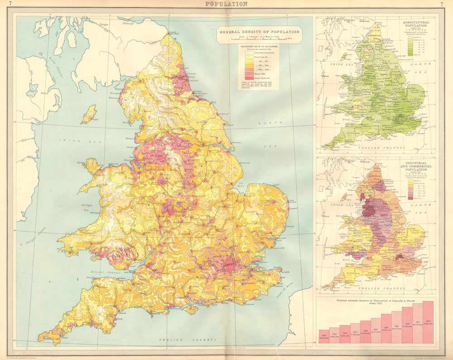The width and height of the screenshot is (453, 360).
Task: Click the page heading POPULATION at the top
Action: tap(226, 4)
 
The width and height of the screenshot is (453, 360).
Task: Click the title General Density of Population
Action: tap(259, 32)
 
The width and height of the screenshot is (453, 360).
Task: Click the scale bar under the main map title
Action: tap(259, 39)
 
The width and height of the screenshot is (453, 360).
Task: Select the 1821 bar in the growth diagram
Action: tap(323, 335)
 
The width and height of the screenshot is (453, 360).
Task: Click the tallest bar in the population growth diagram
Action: tap(428, 321)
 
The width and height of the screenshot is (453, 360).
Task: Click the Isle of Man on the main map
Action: tap(89, 114)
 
